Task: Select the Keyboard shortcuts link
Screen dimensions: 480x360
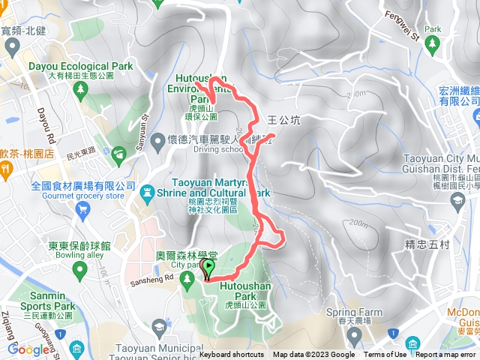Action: pyautogui.click(x=232, y=355)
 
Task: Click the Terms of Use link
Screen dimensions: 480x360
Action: pyautogui.click(x=385, y=355)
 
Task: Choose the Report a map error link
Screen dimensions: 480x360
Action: pyautogui.click(x=445, y=355)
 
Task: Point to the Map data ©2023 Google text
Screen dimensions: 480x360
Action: pyautogui.click(x=313, y=355)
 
